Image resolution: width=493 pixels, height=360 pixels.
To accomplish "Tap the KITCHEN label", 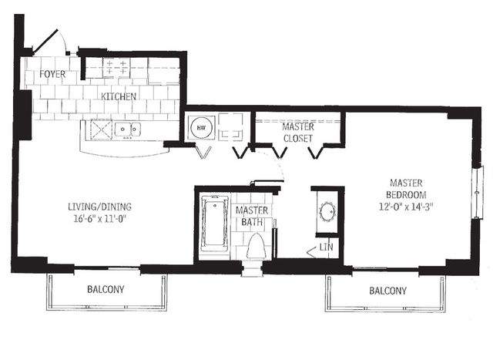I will (119, 97).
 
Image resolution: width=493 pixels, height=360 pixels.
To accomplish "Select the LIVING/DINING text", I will (99, 207).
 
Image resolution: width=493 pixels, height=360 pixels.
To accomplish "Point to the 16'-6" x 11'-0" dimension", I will (99, 219).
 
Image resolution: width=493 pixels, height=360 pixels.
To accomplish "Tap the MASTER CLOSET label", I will (297, 133).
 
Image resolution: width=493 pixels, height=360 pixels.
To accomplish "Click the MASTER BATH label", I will (250, 217).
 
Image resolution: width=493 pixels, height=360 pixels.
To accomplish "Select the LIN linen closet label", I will (327, 247).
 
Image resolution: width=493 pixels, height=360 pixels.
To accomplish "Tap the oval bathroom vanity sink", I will (327, 210).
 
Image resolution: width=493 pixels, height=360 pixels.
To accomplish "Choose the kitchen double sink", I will (128, 130).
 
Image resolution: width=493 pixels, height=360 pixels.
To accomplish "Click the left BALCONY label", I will (105, 291).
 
